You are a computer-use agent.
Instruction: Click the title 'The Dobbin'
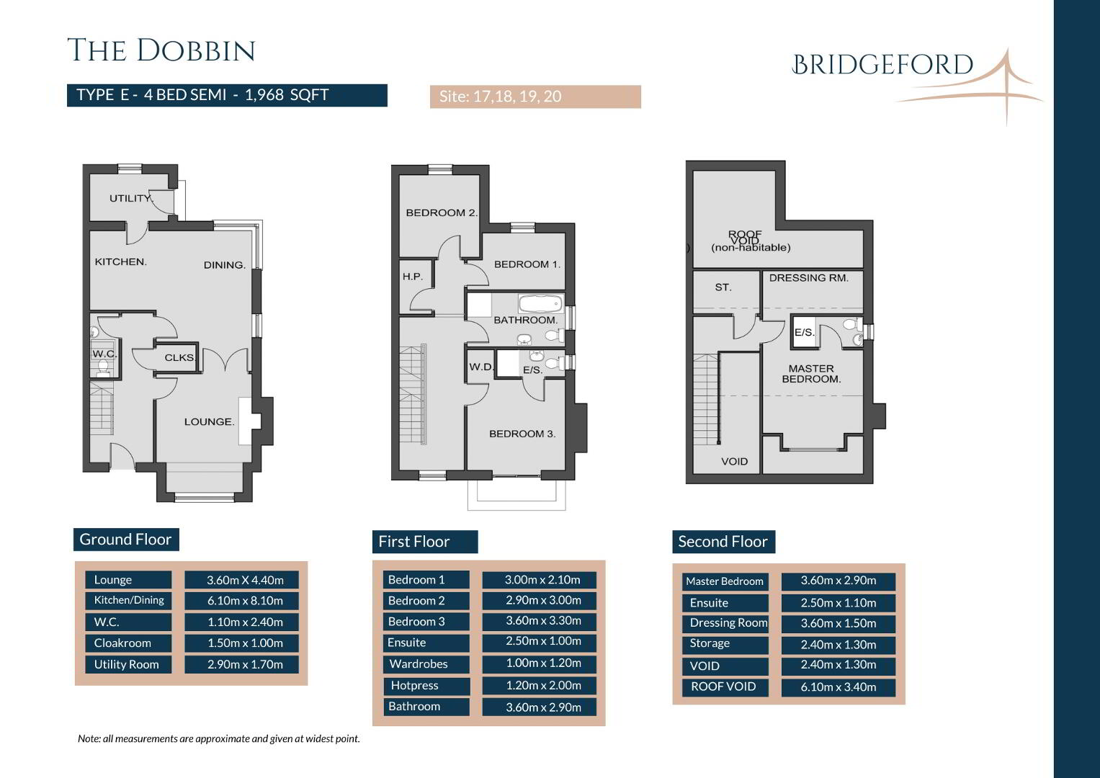pos(161,50)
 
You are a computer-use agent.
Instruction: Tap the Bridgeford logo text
pos(882,65)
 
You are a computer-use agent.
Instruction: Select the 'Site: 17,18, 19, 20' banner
pos(535,97)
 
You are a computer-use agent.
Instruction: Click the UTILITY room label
pos(131,198)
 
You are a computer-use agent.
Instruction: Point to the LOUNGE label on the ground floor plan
pos(209,422)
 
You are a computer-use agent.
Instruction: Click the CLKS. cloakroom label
pos(180,357)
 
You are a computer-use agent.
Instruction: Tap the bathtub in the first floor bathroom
pos(541,303)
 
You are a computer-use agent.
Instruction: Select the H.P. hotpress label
pos(413,277)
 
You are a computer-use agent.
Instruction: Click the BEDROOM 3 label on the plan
pos(522,434)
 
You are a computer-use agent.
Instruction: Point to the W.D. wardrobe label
pos(481,367)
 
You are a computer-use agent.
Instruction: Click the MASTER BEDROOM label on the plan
pos(811,374)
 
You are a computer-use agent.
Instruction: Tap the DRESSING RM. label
pos(809,278)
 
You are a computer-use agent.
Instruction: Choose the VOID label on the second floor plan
pos(734,462)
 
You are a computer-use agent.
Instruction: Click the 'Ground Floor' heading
pos(126,540)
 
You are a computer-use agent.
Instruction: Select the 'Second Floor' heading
pos(723,542)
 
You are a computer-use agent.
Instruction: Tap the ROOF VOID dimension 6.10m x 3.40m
pos(839,687)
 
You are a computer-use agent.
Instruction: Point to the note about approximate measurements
pos(219,738)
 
